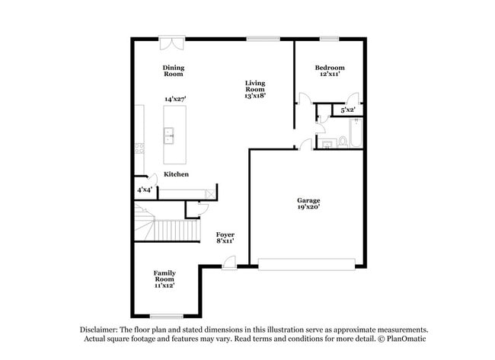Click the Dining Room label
point(174,71)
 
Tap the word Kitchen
point(177,174)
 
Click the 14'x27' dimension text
point(175,99)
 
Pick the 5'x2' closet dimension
point(348,110)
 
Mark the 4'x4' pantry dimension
point(145,189)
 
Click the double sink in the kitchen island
point(169,135)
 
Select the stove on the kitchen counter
point(139,147)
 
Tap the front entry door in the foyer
point(228,263)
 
